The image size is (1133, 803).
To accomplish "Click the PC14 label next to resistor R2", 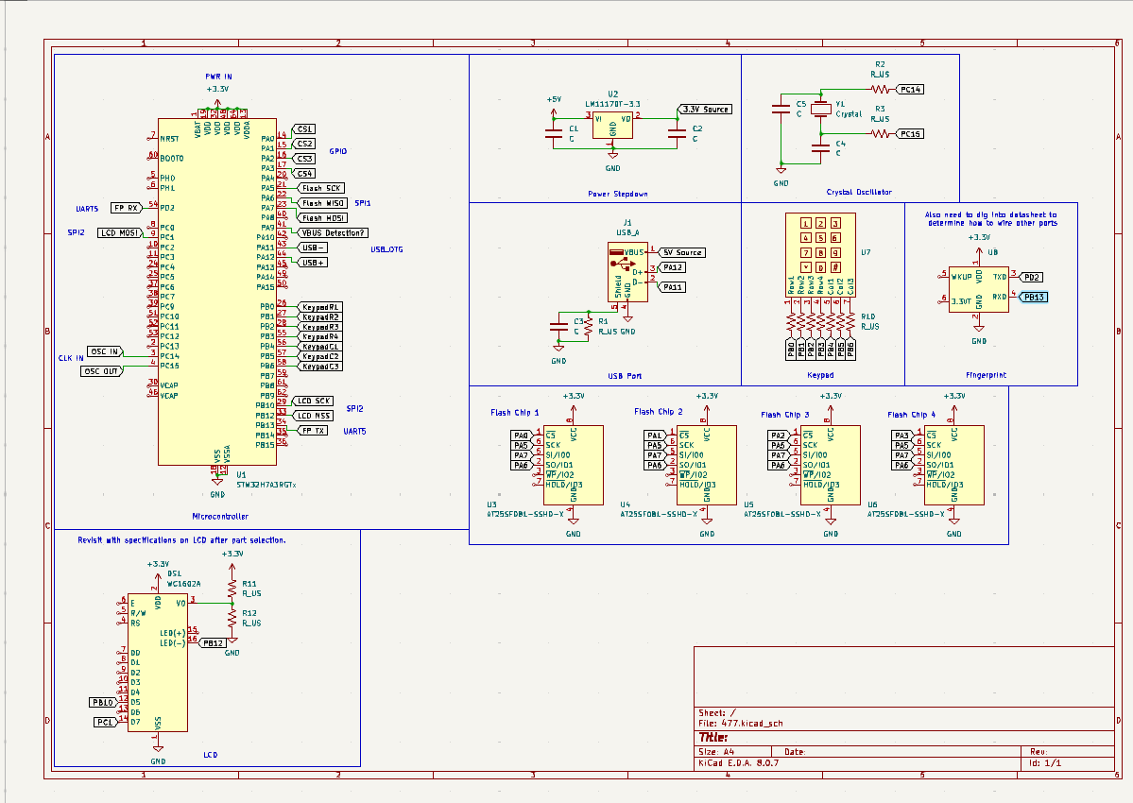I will pos(911,89).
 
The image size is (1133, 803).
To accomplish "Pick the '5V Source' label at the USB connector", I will pos(682,252).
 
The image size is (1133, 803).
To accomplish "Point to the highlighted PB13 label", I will pos(1033,297).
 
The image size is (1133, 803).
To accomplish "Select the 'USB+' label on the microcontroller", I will pos(314,262).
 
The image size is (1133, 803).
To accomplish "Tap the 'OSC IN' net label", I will pos(104,351).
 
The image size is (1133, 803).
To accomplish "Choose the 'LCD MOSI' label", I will pos(121,232).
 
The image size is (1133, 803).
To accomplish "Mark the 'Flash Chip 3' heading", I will pos(785,414).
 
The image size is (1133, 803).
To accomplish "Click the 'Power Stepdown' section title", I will pos(617,194).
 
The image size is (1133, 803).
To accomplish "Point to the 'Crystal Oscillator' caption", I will pos(858,192).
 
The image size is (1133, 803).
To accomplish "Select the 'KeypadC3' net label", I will pos(321,366).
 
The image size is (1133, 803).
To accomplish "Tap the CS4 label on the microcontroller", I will pos(305,174).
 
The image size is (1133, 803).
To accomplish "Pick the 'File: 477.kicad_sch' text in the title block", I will pos(741,723).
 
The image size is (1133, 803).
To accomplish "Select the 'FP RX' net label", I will pos(126,207).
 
